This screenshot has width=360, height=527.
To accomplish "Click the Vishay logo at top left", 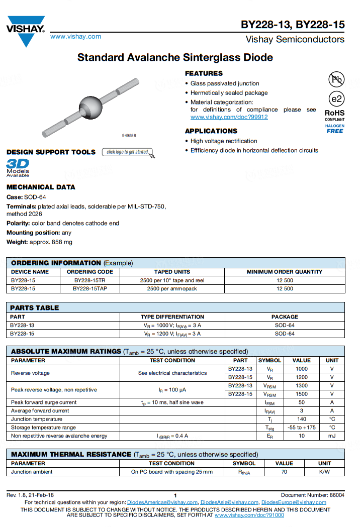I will point(26,31).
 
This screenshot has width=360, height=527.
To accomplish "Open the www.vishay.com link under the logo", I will point(75,37).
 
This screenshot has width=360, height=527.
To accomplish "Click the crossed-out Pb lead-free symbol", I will point(336,79).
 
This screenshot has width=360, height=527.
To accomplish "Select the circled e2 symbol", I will point(335,98).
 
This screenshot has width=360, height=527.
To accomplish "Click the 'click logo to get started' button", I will point(128,152).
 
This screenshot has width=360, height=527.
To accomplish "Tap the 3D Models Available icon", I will point(18,168).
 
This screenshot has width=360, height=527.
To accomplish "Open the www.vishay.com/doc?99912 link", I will point(229,117).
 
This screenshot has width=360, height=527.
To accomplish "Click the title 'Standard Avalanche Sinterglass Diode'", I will point(175,58).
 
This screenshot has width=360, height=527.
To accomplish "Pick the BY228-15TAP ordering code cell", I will point(89,289).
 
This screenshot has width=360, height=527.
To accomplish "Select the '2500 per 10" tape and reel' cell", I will point(172,280).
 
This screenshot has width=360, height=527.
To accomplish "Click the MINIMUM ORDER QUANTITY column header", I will point(285,272).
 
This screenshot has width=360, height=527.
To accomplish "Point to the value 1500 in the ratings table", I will point(302,394).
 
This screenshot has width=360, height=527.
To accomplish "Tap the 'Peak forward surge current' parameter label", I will point(44,402).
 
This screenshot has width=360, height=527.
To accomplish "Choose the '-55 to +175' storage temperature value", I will point(302,428).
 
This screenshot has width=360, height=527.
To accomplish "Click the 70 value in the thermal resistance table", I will point(284,472).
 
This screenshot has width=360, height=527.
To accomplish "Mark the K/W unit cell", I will point(325,472).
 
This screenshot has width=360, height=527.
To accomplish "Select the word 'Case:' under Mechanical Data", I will point(15,197).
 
